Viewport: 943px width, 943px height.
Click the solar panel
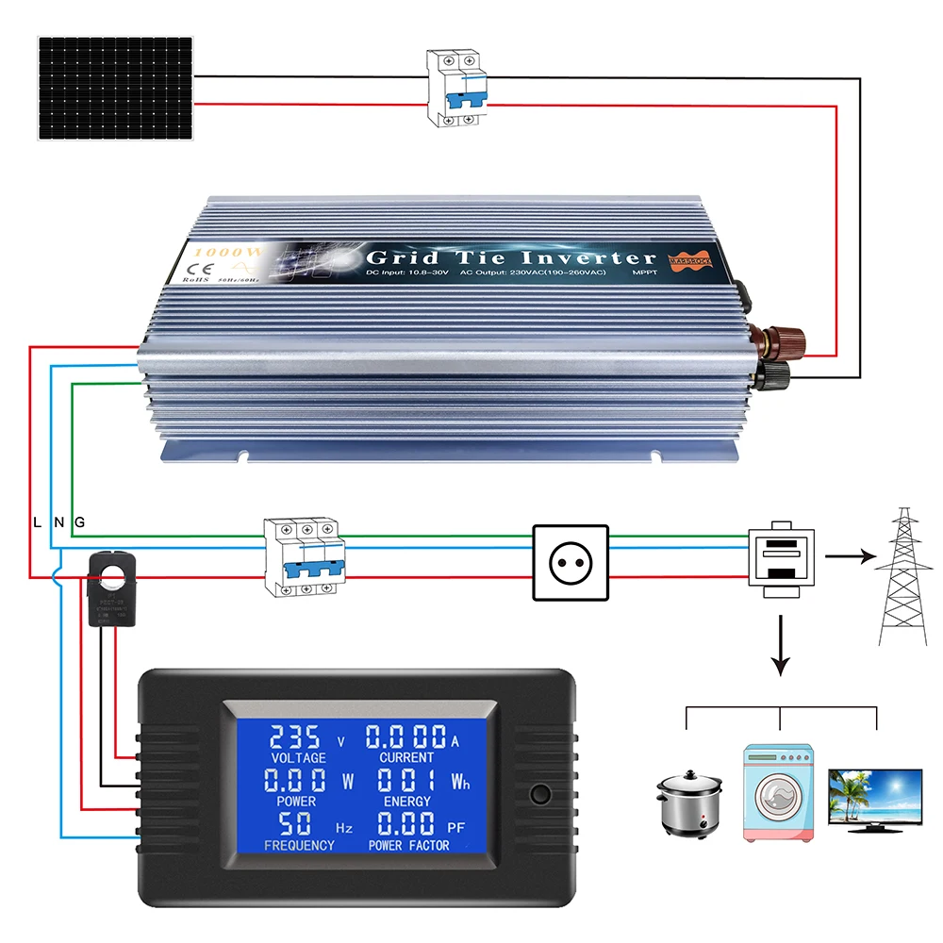(x=116, y=89)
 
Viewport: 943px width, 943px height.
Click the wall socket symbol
(x=571, y=562)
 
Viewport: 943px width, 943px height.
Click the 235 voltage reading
(x=294, y=736)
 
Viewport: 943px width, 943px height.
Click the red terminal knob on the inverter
(x=780, y=339)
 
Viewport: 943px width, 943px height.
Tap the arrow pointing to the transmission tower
(x=846, y=556)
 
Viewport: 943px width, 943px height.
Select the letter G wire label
(x=80, y=521)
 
